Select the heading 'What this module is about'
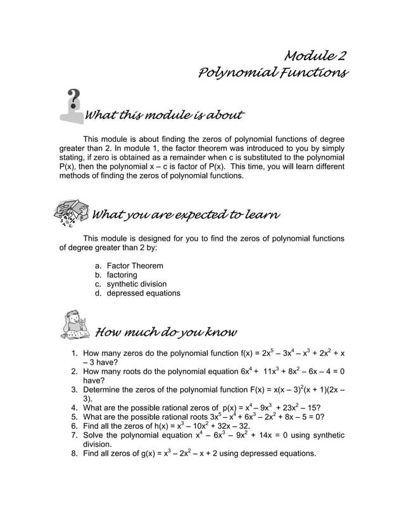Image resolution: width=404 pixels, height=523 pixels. (164, 115)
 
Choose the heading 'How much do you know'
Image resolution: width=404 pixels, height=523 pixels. (165, 332)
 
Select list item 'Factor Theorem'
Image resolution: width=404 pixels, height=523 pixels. (135, 265)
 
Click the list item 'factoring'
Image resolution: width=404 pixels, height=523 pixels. (122, 275)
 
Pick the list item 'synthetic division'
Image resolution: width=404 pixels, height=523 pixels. (137, 284)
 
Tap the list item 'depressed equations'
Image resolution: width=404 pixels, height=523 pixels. (143, 293)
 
